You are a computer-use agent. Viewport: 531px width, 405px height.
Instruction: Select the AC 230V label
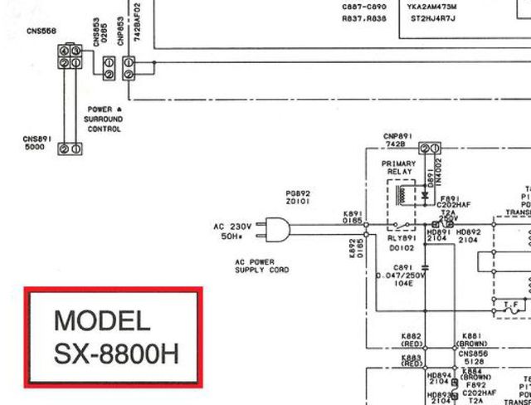pos(232,226)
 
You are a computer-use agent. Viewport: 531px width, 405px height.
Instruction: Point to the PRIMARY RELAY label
pos(399,168)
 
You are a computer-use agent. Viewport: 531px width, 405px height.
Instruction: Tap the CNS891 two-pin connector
pos(69,149)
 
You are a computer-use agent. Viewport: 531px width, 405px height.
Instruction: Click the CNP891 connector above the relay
pos(429,148)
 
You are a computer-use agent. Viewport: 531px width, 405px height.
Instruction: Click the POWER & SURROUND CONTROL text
pos(104,120)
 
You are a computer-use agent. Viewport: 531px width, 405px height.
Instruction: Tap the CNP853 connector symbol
pos(129,68)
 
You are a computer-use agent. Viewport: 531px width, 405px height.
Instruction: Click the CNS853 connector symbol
pos(108,68)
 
